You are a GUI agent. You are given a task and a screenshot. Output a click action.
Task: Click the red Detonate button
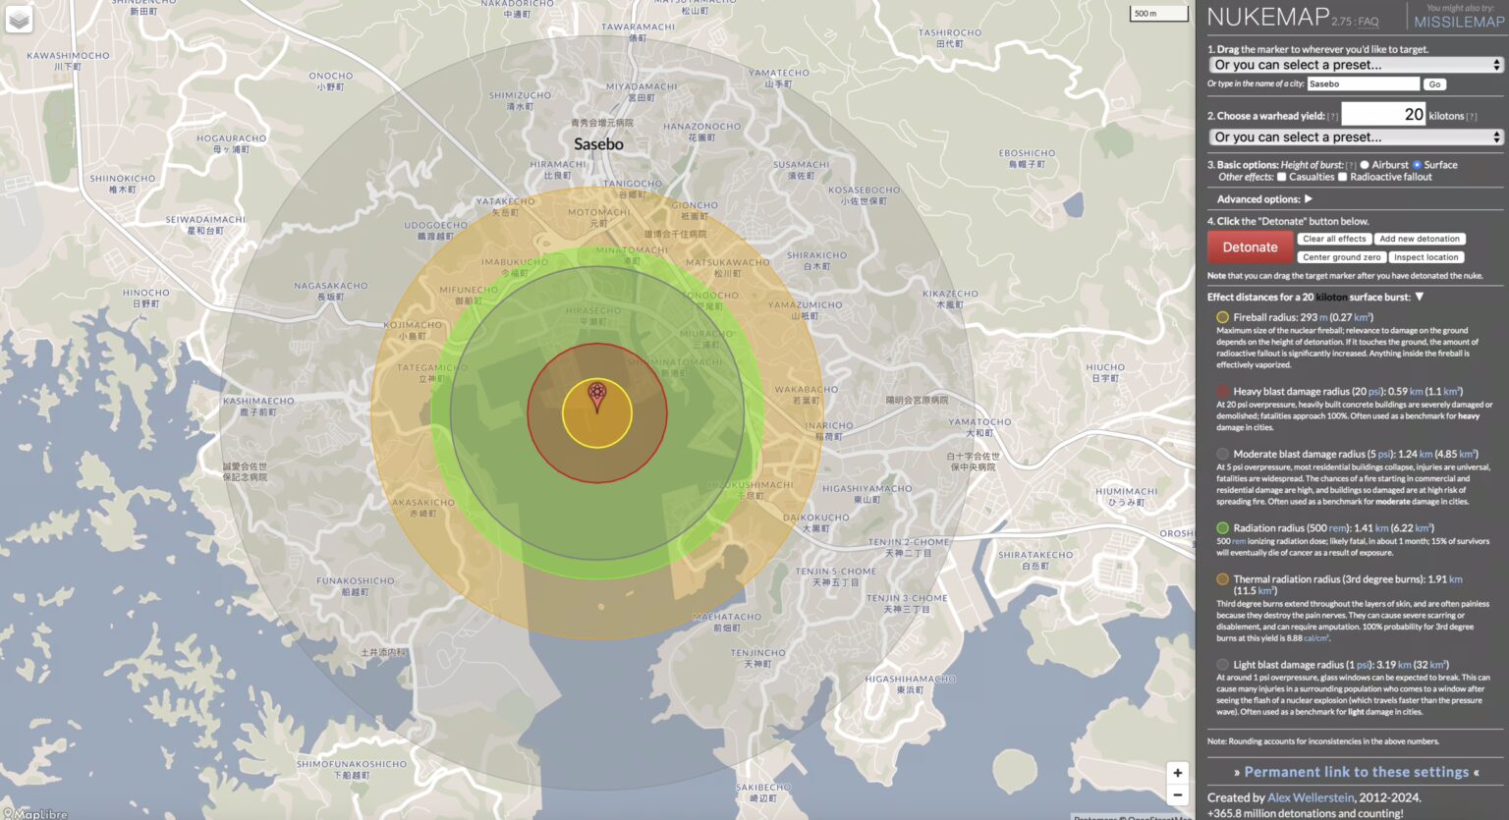click(1250, 247)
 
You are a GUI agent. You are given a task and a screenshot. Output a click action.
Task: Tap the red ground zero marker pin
click(596, 396)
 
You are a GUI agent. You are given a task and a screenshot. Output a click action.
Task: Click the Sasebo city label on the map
click(598, 144)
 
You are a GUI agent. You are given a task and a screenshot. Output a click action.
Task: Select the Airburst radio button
click(1365, 165)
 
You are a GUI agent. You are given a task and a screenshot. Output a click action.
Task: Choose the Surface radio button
click(1417, 165)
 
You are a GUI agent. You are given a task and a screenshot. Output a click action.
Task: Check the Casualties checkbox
click(1281, 177)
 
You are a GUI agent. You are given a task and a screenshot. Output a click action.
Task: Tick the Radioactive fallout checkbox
click(1342, 177)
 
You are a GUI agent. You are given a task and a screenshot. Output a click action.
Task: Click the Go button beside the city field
click(1434, 84)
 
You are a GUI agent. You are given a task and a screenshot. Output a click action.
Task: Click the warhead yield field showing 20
click(1382, 115)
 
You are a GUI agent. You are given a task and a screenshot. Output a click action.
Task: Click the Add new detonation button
click(1420, 239)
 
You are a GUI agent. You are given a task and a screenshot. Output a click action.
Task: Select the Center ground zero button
click(1341, 257)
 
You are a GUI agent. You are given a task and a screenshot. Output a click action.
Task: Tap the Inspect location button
click(1425, 257)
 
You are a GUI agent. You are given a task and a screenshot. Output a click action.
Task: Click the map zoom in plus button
click(1177, 773)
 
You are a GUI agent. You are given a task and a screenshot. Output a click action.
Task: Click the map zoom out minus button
click(1177, 795)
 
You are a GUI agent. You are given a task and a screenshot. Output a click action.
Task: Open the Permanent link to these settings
click(1356, 772)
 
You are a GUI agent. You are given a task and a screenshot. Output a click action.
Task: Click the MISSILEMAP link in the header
click(1458, 22)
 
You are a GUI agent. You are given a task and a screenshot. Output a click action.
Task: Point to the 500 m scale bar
click(1157, 14)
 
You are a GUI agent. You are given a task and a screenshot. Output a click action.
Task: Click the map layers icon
click(19, 20)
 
